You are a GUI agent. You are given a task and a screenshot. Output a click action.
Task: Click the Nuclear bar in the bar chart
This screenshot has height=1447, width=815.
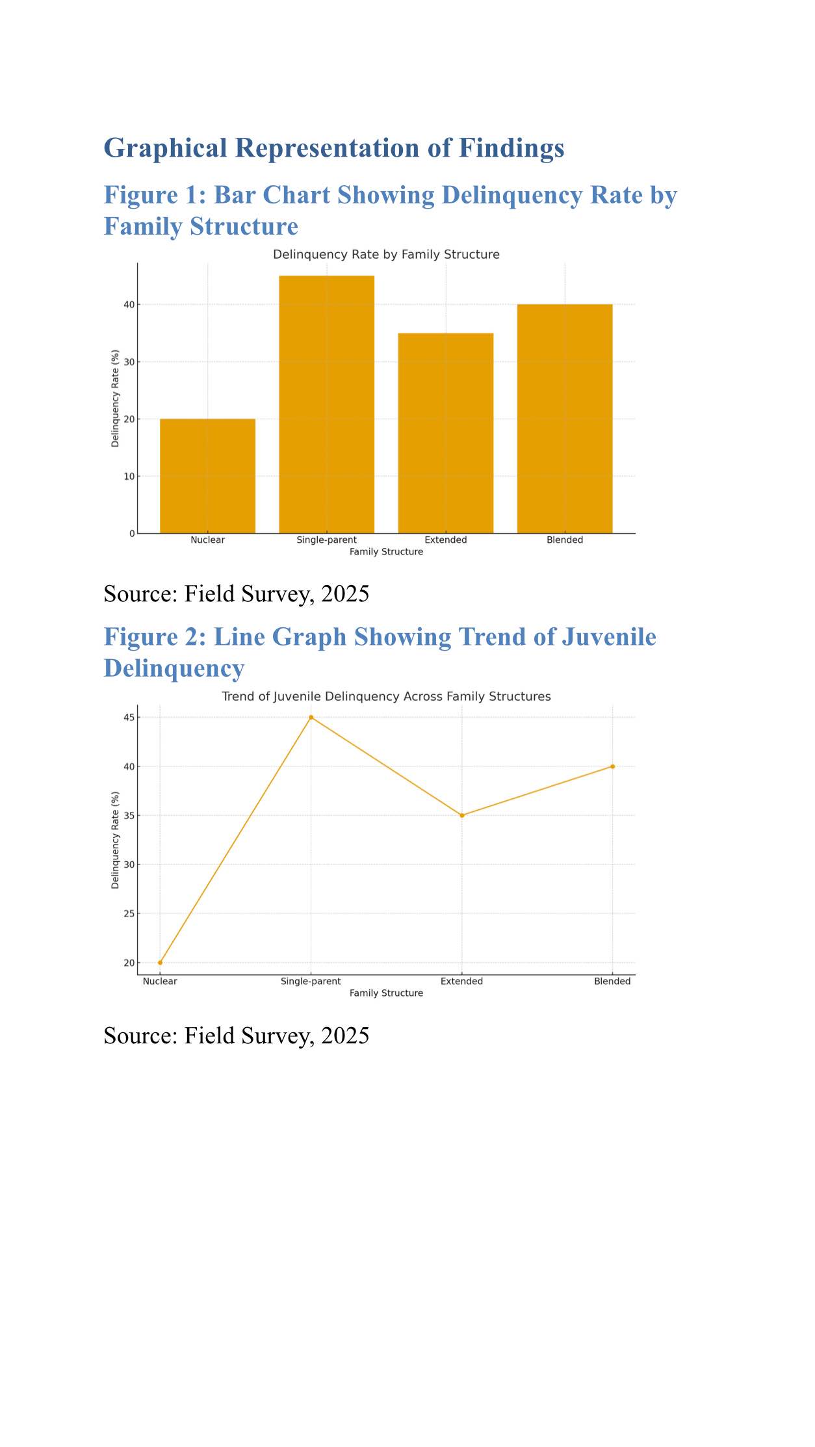pyautogui.click(x=207, y=476)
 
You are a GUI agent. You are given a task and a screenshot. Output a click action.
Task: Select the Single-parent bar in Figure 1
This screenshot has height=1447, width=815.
pyautogui.click(x=326, y=404)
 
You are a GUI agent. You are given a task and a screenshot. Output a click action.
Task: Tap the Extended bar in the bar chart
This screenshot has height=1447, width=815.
pyautogui.click(x=445, y=433)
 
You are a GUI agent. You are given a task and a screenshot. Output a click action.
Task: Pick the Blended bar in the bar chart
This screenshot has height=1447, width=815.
pyautogui.click(x=564, y=419)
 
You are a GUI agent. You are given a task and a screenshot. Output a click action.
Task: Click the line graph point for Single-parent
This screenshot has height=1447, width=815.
pyautogui.click(x=311, y=717)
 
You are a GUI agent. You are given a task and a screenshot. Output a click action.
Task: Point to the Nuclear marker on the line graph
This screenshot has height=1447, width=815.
pyautogui.click(x=160, y=963)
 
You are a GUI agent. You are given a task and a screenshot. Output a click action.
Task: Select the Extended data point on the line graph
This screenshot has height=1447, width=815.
pyautogui.click(x=462, y=815)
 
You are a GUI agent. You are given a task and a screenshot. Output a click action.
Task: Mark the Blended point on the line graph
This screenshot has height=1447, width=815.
pyautogui.click(x=612, y=766)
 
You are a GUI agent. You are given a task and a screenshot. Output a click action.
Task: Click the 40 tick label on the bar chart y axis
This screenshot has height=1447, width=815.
pyautogui.click(x=129, y=304)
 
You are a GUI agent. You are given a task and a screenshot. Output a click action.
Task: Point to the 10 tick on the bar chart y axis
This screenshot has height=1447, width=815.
pyautogui.click(x=129, y=476)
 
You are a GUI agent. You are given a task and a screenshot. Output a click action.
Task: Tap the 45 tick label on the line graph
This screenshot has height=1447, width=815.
pyautogui.click(x=129, y=718)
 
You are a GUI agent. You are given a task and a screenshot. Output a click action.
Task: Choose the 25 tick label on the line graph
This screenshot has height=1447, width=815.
pyautogui.click(x=129, y=913)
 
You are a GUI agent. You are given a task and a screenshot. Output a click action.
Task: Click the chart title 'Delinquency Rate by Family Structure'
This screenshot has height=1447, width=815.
pyautogui.click(x=386, y=254)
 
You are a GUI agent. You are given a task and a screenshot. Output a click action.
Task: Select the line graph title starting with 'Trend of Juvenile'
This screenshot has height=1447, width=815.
pyautogui.click(x=386, y=696)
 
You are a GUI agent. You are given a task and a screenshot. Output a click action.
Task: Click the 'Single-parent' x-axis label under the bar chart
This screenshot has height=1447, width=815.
pyautogui.click(x=326, y=540)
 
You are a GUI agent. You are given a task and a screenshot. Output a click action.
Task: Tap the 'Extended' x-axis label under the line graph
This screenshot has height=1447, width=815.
pyautogui.click(x=461, y=981)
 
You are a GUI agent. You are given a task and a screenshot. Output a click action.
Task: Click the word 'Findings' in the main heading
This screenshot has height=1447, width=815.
pyautogui.click(x=511, y=148)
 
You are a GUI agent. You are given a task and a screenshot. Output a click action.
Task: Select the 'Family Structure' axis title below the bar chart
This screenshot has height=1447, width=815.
pyautogui.click(x=386, y=552)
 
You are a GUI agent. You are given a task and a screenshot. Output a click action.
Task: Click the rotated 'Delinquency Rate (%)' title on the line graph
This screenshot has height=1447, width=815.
pyautogui.click(x=115, y=840)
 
